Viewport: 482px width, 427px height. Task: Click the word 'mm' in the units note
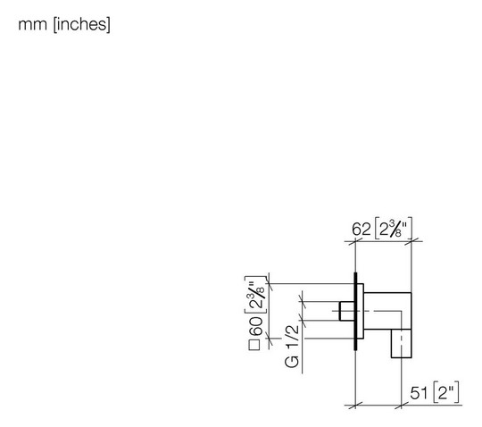(32, 25)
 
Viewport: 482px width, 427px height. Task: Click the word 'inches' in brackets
(82, 24)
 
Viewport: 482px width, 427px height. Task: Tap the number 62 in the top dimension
(361, 230)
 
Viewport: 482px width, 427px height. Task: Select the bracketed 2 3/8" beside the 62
(394, 229)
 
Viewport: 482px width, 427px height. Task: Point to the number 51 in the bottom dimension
(419, 393)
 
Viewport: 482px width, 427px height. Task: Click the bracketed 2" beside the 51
(446, 392)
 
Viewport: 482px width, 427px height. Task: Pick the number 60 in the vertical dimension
(256, 326)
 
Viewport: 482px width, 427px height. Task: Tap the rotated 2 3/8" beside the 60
(256, 295)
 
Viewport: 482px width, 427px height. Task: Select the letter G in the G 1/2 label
(292, 362)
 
